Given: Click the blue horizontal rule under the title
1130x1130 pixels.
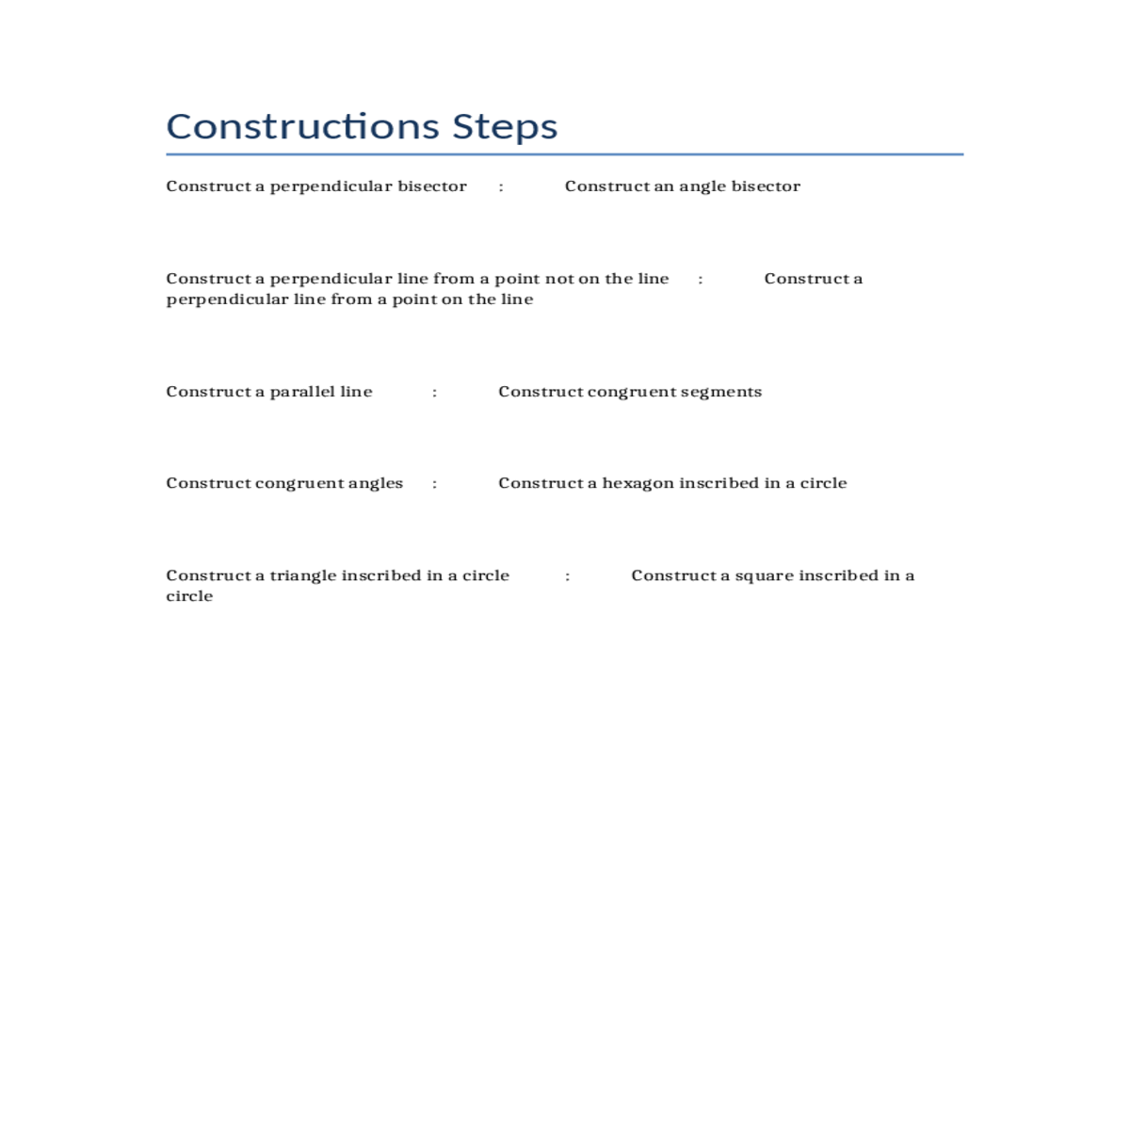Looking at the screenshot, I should click(565, 154).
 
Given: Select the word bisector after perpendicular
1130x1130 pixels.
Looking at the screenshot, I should click(431, 186).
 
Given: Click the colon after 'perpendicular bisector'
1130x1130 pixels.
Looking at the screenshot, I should click(501, 187).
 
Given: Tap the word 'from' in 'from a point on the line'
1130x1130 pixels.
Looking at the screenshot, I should click(351, 299).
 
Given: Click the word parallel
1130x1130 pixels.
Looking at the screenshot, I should click(302, 392).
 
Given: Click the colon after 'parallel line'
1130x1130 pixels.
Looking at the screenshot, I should click(434, 393).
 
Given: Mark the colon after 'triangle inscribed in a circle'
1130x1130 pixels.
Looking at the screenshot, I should click(568, 576).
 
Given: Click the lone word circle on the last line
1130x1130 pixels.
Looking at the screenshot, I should click(189, 596).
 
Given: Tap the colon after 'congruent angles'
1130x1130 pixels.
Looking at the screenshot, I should click(434, 484).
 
